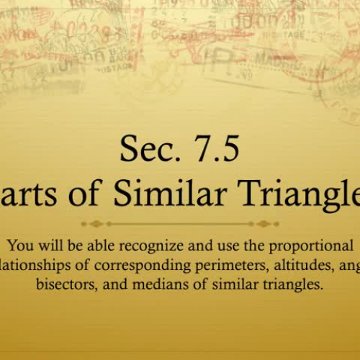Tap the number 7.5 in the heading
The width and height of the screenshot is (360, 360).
212,150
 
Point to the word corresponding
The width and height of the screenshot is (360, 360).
127,266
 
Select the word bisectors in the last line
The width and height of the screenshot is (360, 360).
66,284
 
